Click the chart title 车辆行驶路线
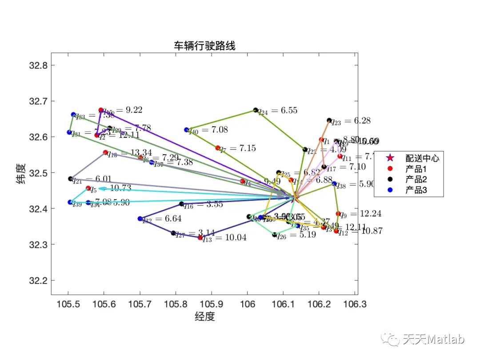coord(204,45)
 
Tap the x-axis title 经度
coord(204,316)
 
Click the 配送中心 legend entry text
coord(422,158)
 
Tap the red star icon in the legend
coord(390,158)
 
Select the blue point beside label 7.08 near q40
coord(187,130)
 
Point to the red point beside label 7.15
coord(218,148)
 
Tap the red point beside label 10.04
coord(200,238)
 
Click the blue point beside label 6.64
coord(140,219)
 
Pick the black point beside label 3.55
coord(181,204)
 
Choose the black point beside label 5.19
coord(275,235)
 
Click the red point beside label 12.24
coord(338,214)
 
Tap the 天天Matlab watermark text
coord(433,340)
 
